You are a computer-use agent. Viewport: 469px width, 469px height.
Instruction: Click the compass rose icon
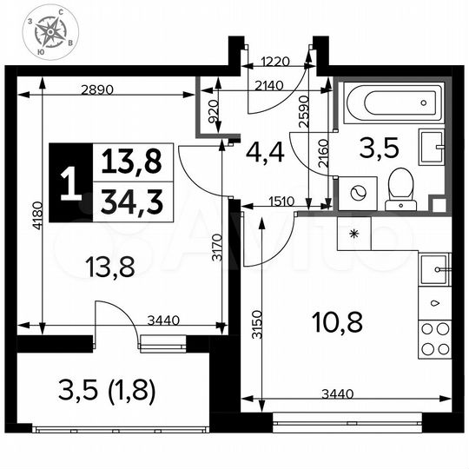pos(50,34)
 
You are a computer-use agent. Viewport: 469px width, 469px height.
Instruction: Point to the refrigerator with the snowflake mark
pos(353,234)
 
